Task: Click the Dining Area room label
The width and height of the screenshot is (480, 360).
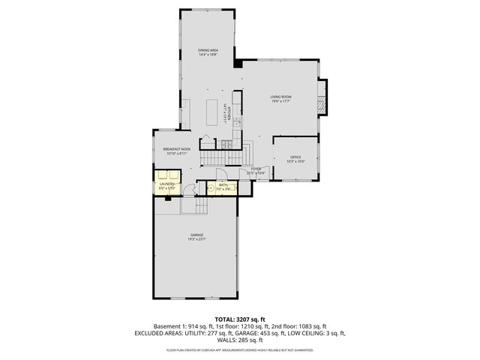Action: pos(208,49)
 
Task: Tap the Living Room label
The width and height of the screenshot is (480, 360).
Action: pos(281,97)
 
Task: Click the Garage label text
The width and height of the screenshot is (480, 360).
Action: pos(196,235)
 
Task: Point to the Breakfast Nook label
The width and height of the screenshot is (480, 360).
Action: pos(169,149)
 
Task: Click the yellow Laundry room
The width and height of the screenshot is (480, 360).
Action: pos(166,185)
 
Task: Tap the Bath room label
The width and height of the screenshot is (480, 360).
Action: pos(223,184)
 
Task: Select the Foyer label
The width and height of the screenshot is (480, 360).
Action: pos(256,169)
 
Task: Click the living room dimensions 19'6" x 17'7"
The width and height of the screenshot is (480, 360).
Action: pos(281,101)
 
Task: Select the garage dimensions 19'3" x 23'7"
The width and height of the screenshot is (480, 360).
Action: pos(196,239)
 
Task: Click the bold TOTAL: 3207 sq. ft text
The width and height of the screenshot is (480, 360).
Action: pos(240,319)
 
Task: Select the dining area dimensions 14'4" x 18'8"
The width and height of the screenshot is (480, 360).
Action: pos(208,54)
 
